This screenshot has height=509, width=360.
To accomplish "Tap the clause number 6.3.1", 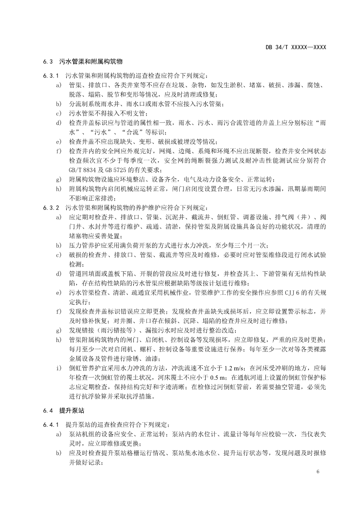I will [x=51, y=75].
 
